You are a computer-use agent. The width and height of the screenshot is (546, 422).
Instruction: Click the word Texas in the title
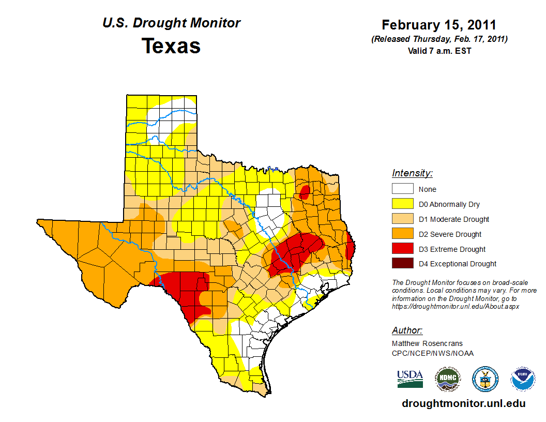click(171, 46)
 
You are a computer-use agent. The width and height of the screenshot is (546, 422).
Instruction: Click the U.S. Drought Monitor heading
click(171, 23)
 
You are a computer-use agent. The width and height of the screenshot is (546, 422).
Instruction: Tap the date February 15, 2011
click(439, 25)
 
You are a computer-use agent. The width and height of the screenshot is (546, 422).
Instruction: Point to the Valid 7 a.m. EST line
click(439, 51)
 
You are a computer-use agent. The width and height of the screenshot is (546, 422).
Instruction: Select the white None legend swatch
click(402, 189)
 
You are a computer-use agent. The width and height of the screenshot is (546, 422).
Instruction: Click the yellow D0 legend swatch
click(402, 204)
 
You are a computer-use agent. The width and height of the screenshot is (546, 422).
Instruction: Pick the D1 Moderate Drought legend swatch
click(402, 219)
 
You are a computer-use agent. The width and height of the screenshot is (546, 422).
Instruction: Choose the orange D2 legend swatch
click(402, 234)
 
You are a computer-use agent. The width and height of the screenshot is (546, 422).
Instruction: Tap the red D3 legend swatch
click(402, 249)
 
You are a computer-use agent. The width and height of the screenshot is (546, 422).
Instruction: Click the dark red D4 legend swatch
click(402, 264)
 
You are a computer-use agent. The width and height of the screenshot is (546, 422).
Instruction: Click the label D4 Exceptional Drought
click(458, 264)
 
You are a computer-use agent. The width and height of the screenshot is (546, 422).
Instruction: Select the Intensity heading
click(412, 173)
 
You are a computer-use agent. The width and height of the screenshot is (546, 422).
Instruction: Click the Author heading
click(407, 330)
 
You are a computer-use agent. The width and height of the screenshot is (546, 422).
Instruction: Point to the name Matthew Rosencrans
click(427, 343)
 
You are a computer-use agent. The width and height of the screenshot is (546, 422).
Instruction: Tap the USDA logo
click(410, 379)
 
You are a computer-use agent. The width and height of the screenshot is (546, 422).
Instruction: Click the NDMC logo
click(447, 379)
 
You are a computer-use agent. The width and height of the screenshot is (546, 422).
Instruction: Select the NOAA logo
click(523, 379)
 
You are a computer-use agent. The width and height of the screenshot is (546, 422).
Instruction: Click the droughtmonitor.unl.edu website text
click(464, 404)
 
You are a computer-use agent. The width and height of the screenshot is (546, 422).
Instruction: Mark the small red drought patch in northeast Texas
click(305, 192)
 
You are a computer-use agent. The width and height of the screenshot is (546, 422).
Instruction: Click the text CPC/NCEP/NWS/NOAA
click(433, 353)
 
